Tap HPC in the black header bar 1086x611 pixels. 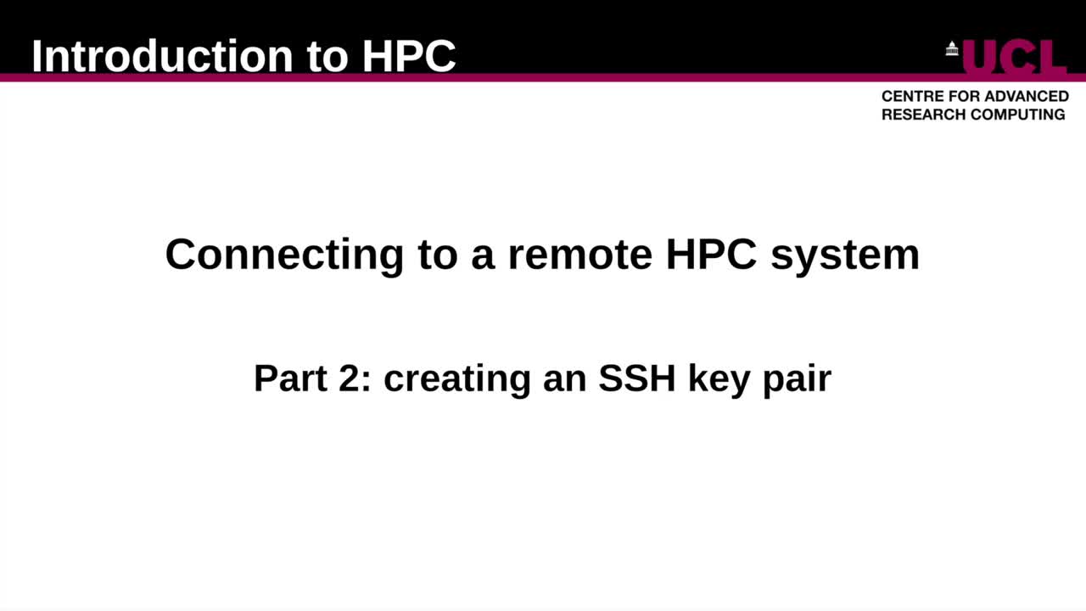click(409, 56)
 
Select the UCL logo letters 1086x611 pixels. click(1014, 58)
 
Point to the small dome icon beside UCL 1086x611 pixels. click(952, 49)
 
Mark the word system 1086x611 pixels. click(845, 254)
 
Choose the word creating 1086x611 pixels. click(457, 378)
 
